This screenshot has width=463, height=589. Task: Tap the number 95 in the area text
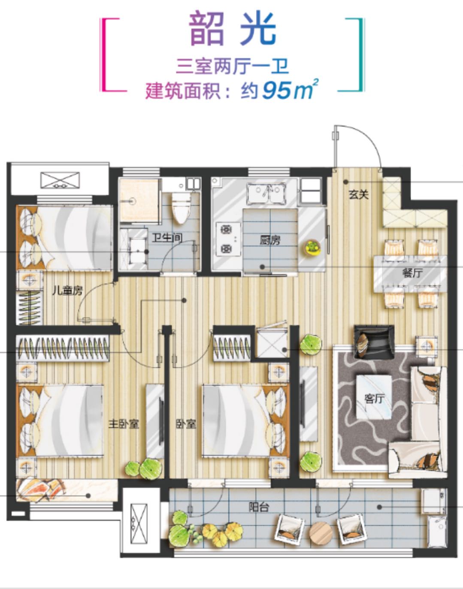275,91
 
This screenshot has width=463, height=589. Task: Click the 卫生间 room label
167,238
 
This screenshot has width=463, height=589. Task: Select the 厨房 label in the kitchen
270,240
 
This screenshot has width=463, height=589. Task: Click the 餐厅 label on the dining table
412,274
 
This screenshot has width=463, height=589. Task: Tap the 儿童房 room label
67,291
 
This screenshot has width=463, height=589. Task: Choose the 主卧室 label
124,424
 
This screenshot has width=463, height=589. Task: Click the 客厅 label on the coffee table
374,399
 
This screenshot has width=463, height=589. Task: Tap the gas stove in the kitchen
229,239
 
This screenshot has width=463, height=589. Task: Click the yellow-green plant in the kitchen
313,247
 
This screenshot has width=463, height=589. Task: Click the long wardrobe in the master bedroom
63,348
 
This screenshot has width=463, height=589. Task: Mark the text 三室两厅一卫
233,67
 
